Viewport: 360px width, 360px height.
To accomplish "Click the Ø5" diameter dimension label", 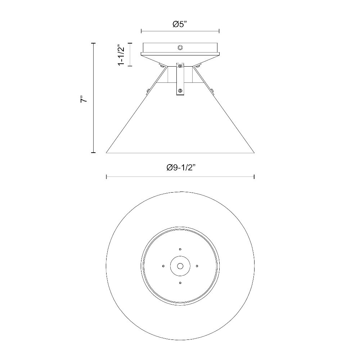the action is pos(180,24).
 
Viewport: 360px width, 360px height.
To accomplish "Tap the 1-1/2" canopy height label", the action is pos(121,55).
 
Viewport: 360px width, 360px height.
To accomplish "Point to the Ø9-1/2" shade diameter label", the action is pos(180,167).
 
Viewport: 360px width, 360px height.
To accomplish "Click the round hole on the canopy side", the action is pos(180,48).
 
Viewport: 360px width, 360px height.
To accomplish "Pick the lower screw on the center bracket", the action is pos(180,91).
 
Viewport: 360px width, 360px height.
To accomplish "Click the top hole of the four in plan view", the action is pos(180,249).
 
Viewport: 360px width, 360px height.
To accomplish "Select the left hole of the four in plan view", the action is pos(163,266).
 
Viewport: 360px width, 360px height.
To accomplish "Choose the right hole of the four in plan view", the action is pos(197,266).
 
